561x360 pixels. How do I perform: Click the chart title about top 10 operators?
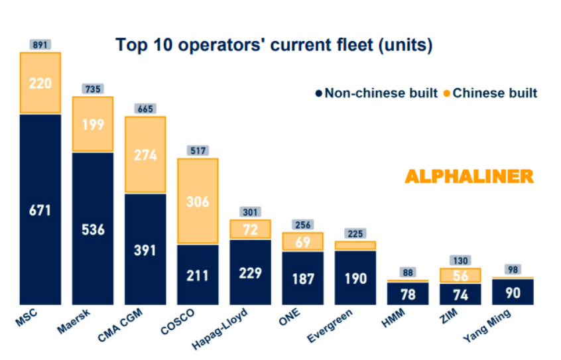274,45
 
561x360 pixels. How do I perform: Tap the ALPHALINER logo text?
469,176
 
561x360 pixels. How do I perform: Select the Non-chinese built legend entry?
377,93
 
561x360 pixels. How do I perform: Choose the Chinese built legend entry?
490,93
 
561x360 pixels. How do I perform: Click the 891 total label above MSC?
40,45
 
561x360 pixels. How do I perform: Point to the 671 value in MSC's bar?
40,210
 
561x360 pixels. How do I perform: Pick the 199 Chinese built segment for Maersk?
93,125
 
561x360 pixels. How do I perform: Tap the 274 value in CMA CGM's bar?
145,155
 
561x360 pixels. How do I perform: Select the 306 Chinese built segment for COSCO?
198,202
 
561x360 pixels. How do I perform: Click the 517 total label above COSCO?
198,150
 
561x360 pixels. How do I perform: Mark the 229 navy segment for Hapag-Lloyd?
250,272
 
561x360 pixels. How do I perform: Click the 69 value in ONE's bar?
302,242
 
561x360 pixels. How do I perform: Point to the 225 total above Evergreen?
355,233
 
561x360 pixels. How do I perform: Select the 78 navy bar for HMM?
408,294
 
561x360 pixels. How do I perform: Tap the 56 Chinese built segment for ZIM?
460,276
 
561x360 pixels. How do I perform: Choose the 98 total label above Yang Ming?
513,269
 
